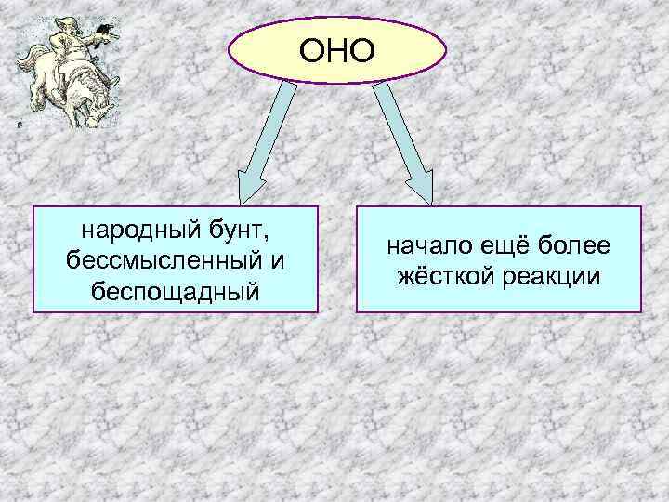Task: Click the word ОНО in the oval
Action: tap(337, 50)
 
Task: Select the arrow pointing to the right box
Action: tap(404, 139)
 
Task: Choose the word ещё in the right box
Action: tap(505, 246)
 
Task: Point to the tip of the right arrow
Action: tap(430, 199)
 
